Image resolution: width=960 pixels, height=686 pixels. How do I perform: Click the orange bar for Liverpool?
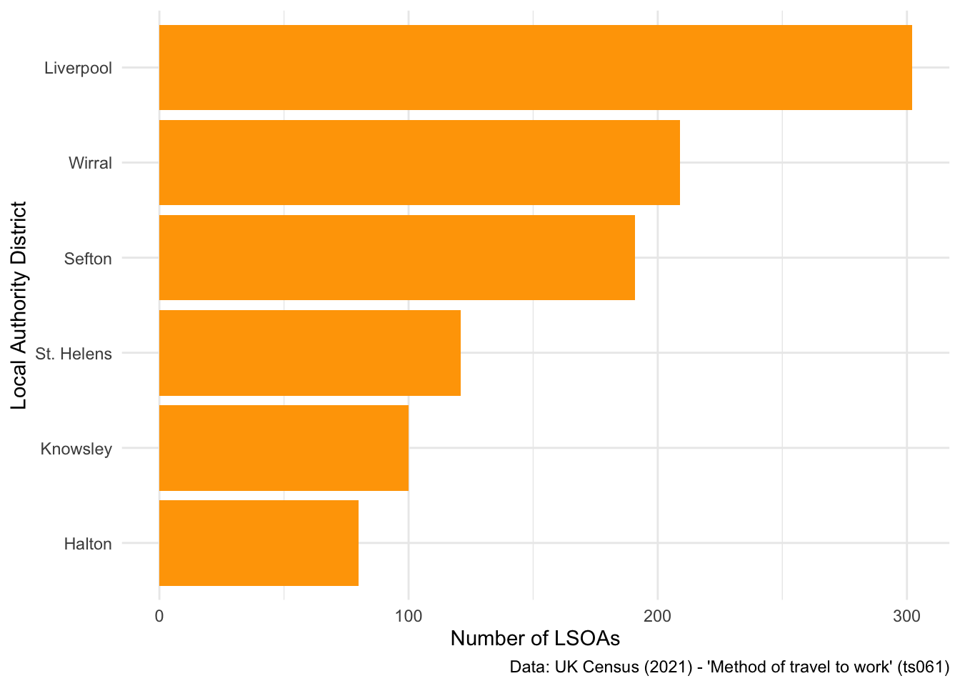(x=535, y=68)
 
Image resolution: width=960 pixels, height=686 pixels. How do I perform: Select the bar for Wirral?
(x=419, y=163)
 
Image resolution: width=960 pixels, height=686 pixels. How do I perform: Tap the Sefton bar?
(x=396, y=258)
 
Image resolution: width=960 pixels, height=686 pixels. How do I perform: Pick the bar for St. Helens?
(x=309, y=353)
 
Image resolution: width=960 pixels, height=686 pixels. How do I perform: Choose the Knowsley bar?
(x=284, y=448)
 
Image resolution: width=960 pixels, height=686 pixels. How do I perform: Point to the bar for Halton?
(x=259, y=543)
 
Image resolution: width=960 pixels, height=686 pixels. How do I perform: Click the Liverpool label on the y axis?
(x=78, y=69)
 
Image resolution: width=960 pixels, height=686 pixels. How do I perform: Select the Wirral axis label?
(x=90, y=164)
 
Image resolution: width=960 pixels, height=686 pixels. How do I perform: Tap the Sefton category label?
(x=88, y=259)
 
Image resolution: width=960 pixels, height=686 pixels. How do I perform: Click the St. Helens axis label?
(x=74, y=354)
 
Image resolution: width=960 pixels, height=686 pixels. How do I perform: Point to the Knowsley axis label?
(x=76, y=449)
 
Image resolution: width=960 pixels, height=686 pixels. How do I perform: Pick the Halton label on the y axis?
(x=88, y=544)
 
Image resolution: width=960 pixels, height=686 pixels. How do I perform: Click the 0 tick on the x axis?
(x=159, y=616)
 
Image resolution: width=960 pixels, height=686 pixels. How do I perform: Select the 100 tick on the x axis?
(x=408, y=616)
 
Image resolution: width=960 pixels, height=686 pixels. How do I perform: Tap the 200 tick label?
(x=657, y=616)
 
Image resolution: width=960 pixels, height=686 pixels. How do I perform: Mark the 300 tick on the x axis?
(x=906, y=616)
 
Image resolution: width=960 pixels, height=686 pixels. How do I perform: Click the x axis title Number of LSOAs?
(x=535, y=639)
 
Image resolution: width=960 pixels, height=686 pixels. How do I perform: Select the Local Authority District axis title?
(x=19, y=305)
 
